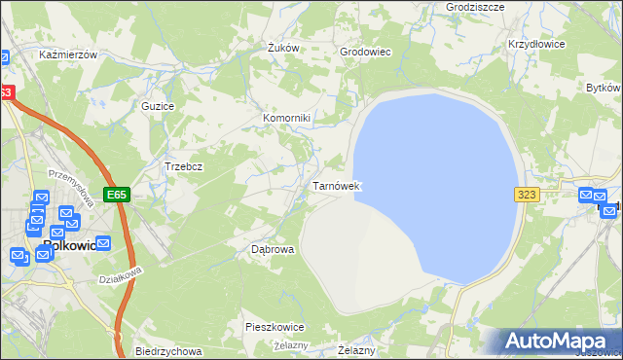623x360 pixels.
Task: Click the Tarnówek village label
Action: [337, 185]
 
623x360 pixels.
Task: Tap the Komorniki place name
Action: [286, 119]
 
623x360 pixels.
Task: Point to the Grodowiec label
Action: [365, 52]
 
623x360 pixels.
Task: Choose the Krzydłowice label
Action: [536, 45]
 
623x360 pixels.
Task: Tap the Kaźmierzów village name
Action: [68, 55]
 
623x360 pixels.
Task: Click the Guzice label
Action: [158, 105]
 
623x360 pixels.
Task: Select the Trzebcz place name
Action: [183, 166]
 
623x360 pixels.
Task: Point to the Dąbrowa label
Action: [273, 249]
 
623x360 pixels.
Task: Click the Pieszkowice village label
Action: [275, 328]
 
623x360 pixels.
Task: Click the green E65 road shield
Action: [118, 195]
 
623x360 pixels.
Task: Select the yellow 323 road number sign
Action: [527, 195]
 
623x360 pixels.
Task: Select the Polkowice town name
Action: [69, 246]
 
